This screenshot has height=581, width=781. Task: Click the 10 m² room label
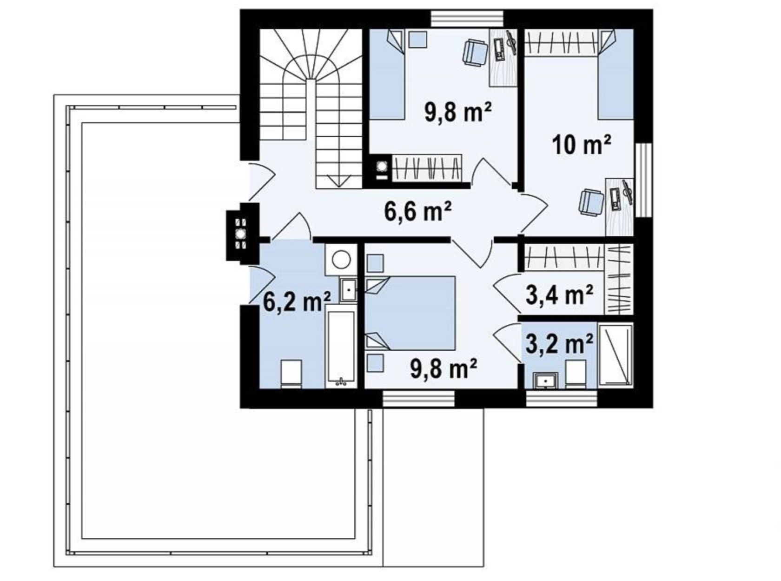582,145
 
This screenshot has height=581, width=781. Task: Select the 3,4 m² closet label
560,294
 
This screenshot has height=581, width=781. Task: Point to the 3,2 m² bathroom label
560,343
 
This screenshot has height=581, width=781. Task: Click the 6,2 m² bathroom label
297,301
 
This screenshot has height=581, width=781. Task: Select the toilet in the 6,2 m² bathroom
291,374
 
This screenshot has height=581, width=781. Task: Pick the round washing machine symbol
341,260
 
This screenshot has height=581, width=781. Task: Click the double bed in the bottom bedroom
410,313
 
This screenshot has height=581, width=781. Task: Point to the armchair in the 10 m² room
591,202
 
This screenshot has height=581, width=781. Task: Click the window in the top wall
467,19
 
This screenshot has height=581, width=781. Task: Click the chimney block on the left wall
243,233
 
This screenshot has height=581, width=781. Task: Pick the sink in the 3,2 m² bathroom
545,380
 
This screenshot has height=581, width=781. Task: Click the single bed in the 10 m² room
616,74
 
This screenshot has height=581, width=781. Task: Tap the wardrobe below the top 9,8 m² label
427,168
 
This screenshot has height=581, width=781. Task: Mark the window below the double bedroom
419,399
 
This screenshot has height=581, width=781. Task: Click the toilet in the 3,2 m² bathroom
576,374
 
